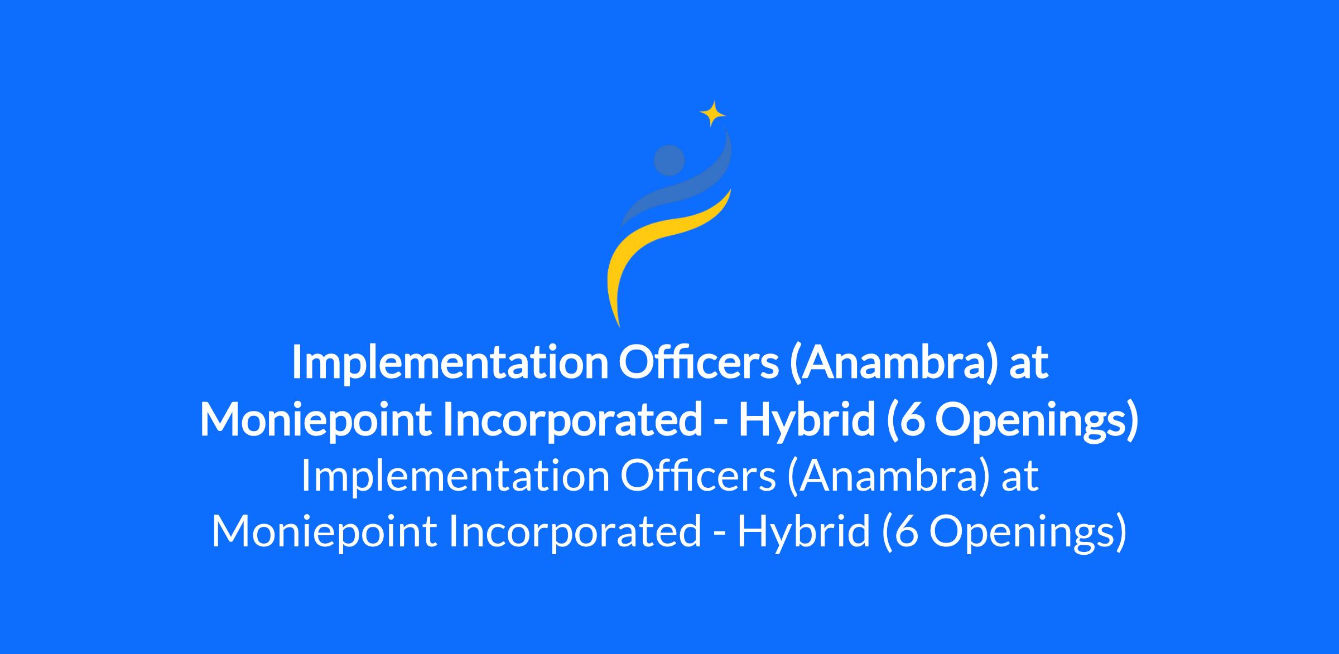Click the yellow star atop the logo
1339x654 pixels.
712,114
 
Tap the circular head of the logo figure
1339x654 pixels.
669,160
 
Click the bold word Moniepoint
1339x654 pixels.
315,420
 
